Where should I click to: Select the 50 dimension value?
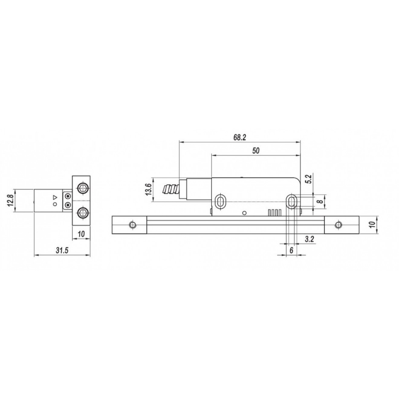tap(256, 151)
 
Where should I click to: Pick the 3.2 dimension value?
tap(309, 239)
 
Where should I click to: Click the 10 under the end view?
tap(81, 234)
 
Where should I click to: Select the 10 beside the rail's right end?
tap(372, 224)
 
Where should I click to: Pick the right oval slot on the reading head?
tap(291, 202)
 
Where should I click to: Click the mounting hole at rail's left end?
tap(132, 225)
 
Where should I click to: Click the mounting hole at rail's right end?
tap(339, 225)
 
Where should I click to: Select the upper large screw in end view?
tap(82, 188)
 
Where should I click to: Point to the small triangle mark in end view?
tap(55, 197)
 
